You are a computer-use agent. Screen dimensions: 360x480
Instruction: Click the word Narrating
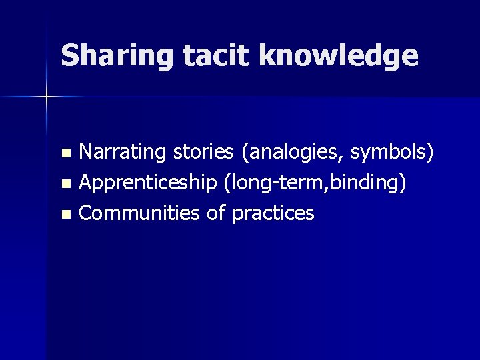pyautogui.click(x=123, y=153)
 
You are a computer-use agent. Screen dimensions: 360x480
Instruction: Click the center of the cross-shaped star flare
pyautogui.click(x=47, y=97)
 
